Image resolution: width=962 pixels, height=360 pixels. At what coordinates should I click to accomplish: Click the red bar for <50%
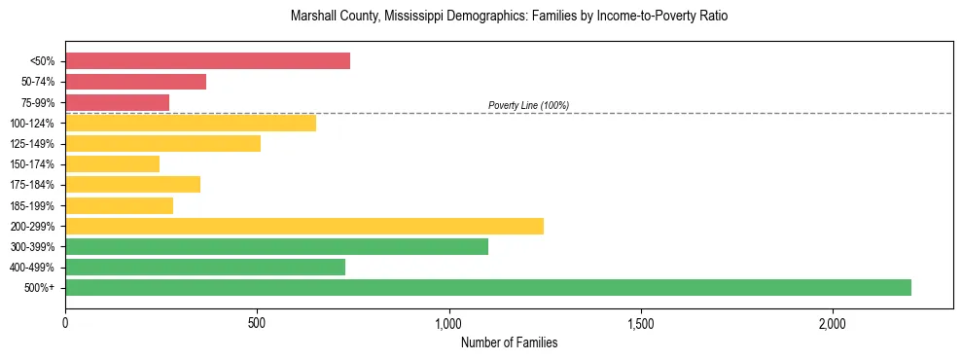point(207,61)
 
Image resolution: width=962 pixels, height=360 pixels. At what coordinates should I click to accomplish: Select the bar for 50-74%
point(135,82)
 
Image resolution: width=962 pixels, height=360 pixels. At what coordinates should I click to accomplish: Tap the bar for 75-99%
point(117,102)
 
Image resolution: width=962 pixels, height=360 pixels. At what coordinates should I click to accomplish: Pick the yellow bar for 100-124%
point(191,123)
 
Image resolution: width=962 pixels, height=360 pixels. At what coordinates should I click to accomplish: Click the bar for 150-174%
point(112,164)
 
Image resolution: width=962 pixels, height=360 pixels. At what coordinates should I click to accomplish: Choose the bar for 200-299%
point(304,226)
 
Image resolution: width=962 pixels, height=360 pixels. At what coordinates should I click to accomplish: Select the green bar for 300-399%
point(276,246)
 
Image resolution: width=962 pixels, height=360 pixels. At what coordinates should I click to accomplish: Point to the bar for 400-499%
point(205,267)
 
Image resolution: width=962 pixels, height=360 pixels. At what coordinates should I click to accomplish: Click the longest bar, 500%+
point(488,287)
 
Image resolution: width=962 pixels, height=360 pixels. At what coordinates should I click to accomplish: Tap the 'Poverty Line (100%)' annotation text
point(528,105)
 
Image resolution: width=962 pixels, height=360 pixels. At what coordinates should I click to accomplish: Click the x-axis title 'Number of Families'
point(509,342)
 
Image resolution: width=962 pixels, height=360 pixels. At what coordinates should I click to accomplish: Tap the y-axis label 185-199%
point(32,205)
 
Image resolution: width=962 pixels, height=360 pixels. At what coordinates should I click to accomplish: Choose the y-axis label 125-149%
point(32,144)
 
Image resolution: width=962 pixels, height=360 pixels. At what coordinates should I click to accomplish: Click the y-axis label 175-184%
point(32,185)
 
